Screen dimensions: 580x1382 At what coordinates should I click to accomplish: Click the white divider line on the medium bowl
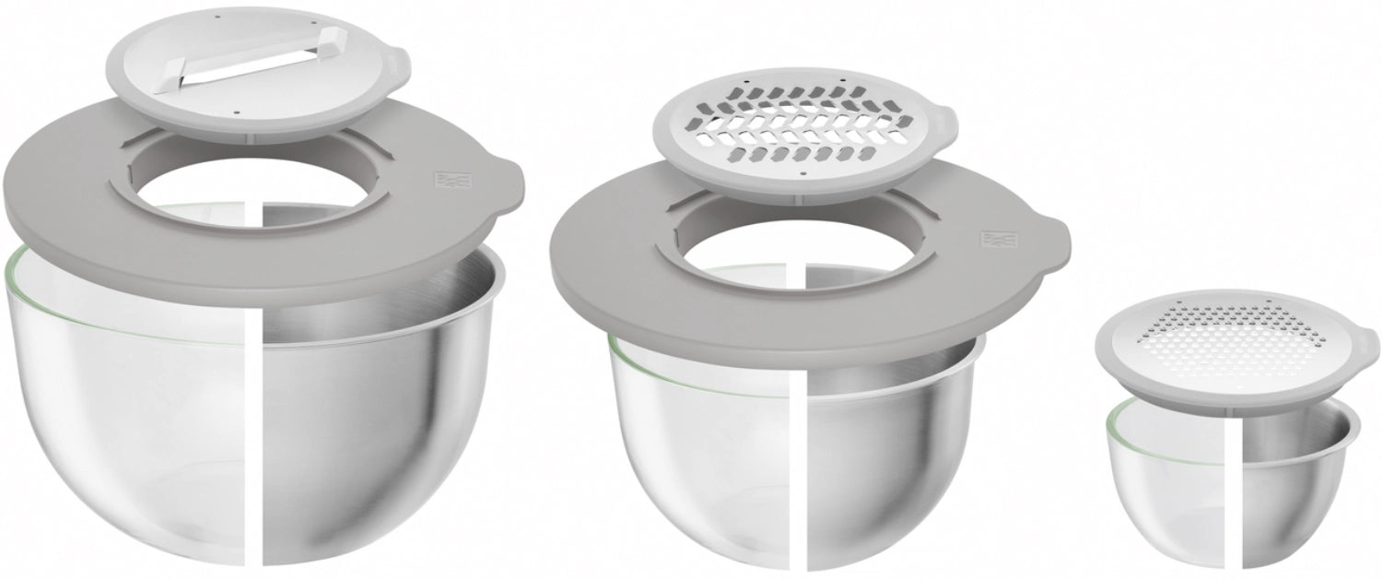coord(799,461)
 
